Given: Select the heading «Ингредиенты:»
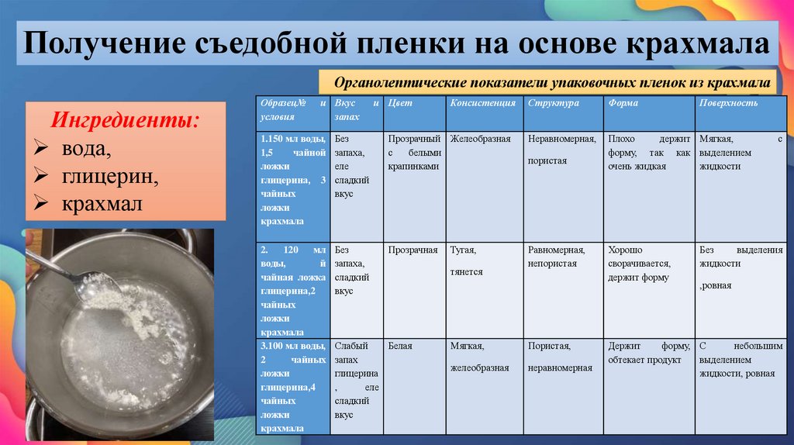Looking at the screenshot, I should point(124,120).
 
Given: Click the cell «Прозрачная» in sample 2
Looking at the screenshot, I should point(413,250).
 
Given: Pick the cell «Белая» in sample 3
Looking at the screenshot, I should point(400,346).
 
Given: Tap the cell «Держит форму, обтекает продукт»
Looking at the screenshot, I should point(648,353).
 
